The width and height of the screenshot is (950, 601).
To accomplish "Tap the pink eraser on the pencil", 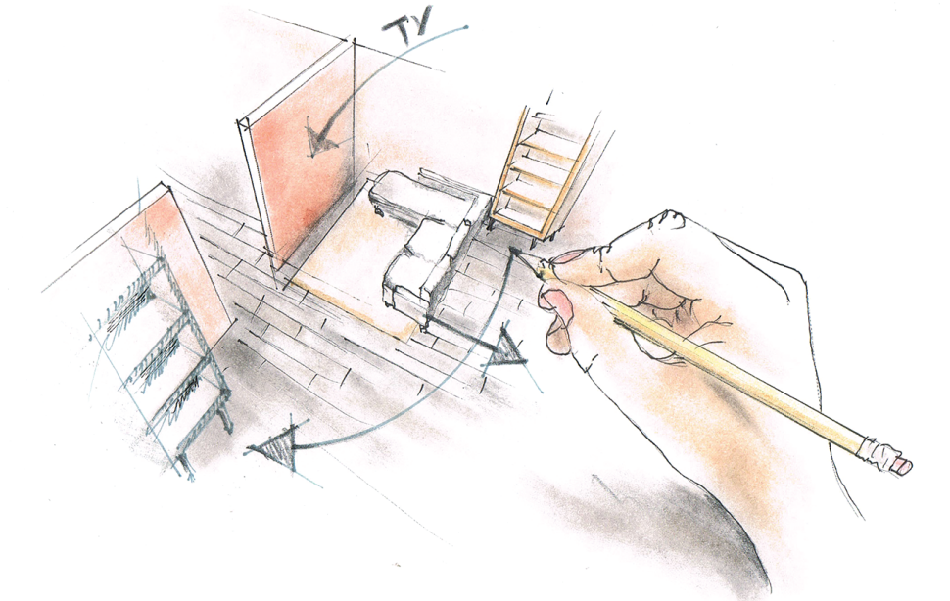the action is [x=903, y=465].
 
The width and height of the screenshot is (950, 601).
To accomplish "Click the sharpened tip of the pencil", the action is [x=536, y=267].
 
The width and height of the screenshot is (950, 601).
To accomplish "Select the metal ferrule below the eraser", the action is [x=878, y=453].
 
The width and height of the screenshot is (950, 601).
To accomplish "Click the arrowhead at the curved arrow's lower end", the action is [x=274, y=446].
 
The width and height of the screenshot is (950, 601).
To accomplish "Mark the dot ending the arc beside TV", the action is [x=465, y=27].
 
